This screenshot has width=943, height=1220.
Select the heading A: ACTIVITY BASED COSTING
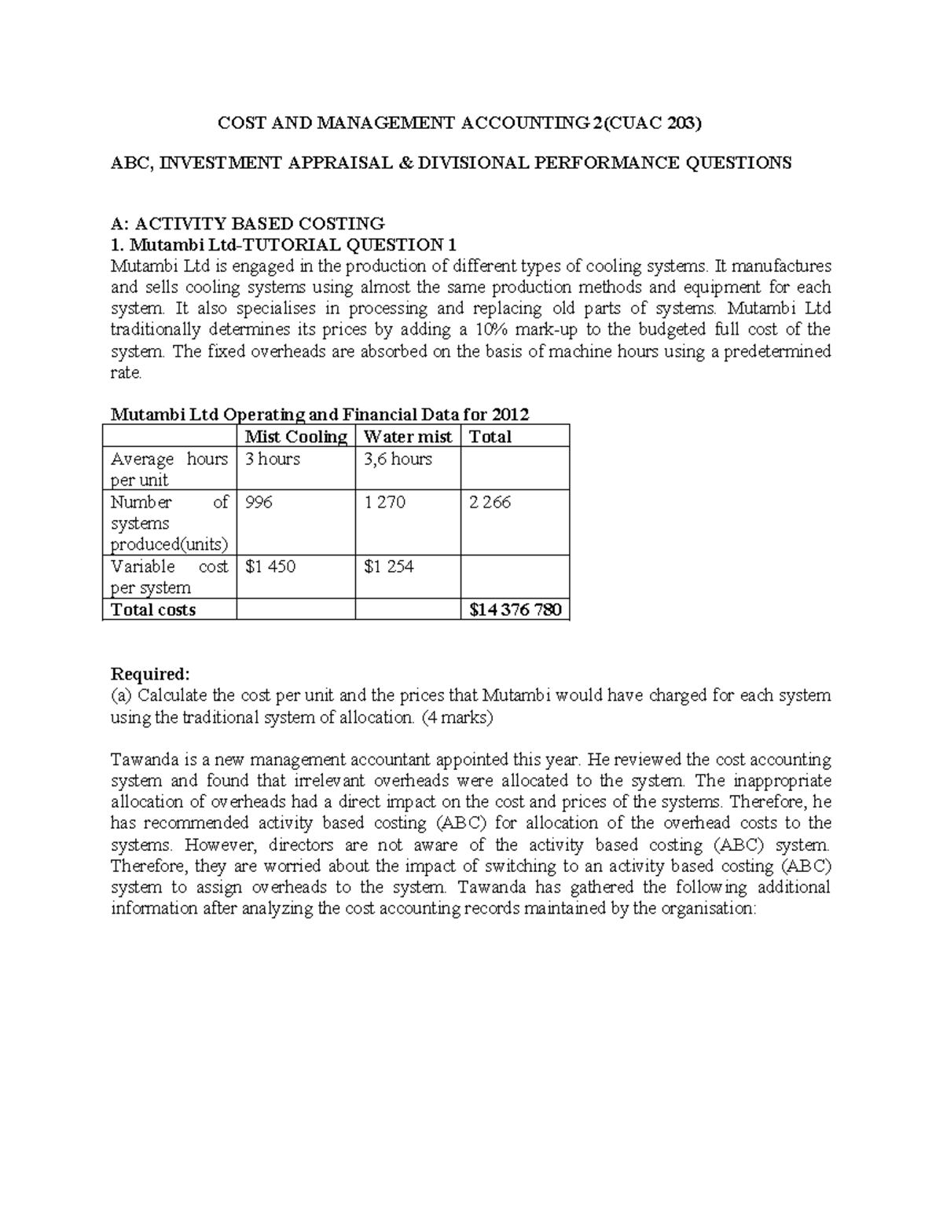click(248, 223)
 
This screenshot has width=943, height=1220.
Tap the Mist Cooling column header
click(295, 437)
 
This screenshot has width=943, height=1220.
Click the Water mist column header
click(407, 437)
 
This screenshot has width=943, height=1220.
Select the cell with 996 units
click(259, 502)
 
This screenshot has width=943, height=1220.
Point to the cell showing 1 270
click(384, 502)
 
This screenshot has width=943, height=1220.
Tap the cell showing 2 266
click(490, 502)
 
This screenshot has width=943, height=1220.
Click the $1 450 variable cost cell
click(270, 566)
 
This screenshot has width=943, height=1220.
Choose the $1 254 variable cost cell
click(389, 566)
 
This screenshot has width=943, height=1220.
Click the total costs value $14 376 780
click(515, 610)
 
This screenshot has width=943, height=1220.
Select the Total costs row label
click(153, 610)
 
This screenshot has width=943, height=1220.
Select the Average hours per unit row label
click(169, 469)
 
